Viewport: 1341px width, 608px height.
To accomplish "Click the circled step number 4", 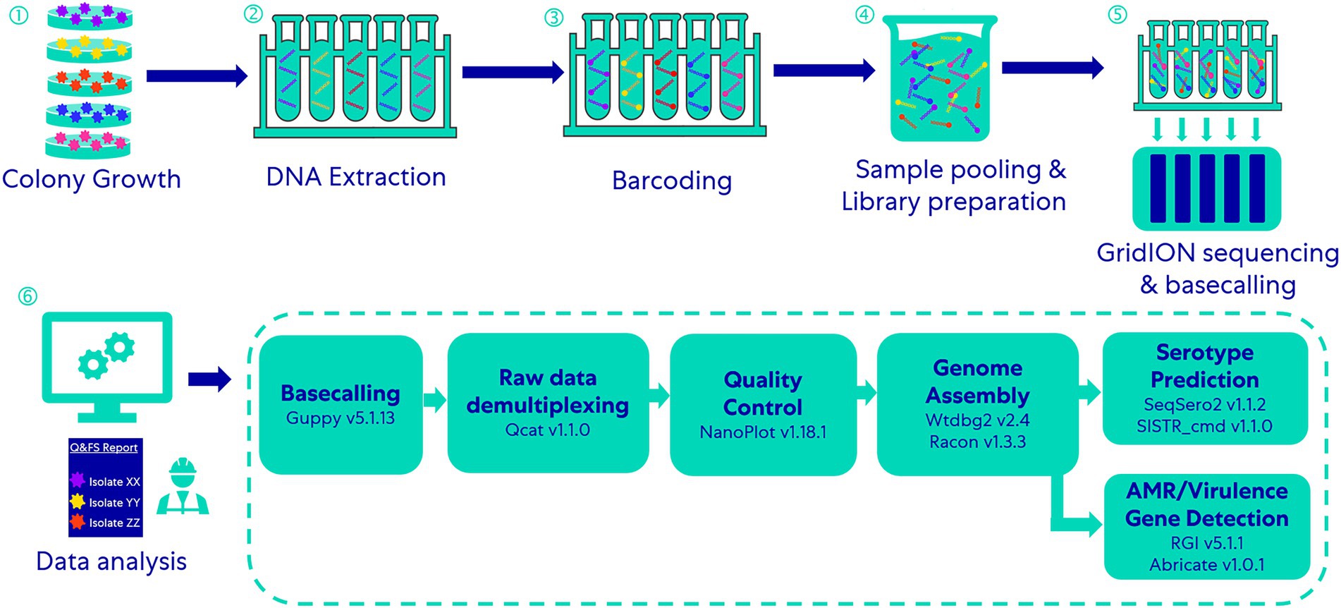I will [x=864, y=15].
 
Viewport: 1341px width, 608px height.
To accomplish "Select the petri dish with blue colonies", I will [x=90, y=112].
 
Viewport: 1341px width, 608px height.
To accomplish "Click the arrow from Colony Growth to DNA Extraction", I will [x=197, y=75].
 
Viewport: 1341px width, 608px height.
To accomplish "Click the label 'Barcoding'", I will [x=671, y=181].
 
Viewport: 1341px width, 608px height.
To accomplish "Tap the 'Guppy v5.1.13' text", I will [x=341, y=418].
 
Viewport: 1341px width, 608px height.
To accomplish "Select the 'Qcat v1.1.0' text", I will [x=547, y=430].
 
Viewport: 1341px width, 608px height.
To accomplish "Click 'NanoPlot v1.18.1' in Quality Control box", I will [x=763, y=432].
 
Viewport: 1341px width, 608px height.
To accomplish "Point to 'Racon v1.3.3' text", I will [x=977, y=442].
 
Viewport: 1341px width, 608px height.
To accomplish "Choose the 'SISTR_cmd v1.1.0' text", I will [x=1204, y=426].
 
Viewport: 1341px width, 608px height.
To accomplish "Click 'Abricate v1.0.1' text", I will [x=1206, y=565].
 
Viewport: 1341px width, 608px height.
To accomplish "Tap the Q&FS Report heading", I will [x=104, y=447].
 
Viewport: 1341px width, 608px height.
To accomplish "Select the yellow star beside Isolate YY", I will [x=78, y=501].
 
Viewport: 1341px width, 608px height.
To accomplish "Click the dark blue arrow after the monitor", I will [x=209, y=379].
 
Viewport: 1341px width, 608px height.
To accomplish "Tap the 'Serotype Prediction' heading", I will [x=1204, y=366].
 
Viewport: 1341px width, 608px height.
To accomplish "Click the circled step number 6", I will [x=27, y=296].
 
